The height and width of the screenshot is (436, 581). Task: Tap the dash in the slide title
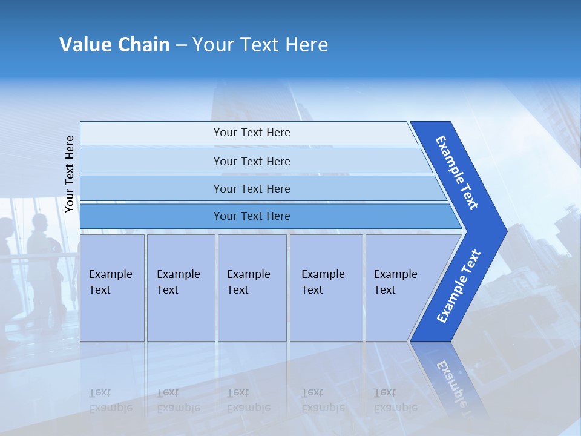181,45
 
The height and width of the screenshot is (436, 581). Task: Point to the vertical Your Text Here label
70,174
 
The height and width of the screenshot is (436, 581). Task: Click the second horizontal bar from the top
252,161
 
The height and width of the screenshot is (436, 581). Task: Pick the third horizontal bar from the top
252,188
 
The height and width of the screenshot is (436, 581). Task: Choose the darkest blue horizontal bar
252,216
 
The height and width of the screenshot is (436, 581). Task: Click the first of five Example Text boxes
112,287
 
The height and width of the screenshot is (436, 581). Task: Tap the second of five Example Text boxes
180,287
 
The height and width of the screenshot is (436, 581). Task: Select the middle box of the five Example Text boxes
252,287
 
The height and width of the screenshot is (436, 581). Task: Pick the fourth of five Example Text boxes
326,287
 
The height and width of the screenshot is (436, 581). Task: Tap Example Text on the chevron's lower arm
458,286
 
